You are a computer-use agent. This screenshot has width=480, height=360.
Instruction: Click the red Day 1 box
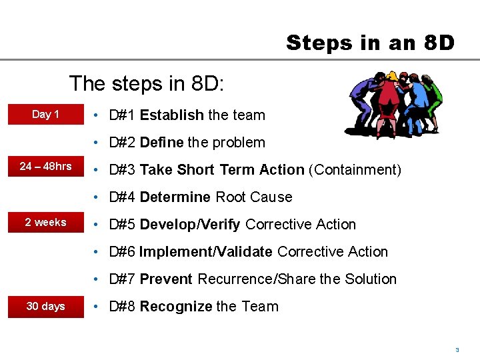click(46, 114)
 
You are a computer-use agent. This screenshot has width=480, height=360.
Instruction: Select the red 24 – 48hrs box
click(46, 166)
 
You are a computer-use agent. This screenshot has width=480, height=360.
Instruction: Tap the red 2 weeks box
click(46, 222)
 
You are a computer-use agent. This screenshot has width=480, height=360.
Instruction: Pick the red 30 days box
click(46, 306)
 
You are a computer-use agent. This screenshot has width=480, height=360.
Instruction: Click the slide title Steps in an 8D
click(370, 43)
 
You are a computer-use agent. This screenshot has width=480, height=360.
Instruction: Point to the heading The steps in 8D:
click(147, 84)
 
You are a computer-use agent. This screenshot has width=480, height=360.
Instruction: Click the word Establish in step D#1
click(171, 115)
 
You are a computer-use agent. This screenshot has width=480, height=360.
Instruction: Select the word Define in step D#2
click(162, 143)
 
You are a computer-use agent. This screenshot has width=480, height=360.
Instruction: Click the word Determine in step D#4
click(175, 197)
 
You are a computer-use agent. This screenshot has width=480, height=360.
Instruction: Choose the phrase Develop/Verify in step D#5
click(190, 225)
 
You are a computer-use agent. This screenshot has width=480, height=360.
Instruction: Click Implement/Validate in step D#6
click(206, 252)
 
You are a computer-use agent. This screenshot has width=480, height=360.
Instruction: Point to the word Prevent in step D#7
click(166, 279)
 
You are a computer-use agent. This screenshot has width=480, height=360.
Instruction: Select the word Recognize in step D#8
click(176, 307)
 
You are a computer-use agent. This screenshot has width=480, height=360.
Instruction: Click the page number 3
click(457, 349)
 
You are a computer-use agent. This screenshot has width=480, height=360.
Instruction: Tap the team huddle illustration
click(394, 104)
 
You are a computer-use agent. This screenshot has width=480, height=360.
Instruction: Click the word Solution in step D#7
click(371, 279)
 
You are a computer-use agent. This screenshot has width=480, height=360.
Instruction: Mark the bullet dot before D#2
click(97, 143)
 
